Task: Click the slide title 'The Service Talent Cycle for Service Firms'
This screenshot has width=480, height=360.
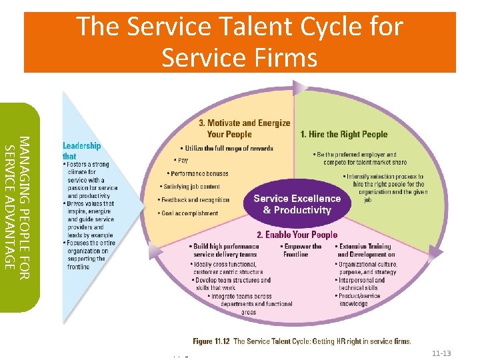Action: [240, 42]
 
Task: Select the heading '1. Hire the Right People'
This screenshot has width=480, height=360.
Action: [343, 134]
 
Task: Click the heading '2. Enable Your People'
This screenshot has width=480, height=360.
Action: [297, 235]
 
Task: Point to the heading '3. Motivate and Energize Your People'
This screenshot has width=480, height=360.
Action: [245, 128]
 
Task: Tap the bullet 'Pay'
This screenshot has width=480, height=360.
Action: [181, 160]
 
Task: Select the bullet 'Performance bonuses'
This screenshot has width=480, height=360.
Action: [197, 173]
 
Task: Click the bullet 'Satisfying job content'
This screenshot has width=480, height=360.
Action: [191, 187]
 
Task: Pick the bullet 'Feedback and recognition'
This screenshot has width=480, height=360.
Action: [195, 200]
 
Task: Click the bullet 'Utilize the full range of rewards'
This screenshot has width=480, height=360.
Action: [227, 148]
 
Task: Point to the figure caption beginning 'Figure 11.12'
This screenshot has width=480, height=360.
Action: [302, 341]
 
